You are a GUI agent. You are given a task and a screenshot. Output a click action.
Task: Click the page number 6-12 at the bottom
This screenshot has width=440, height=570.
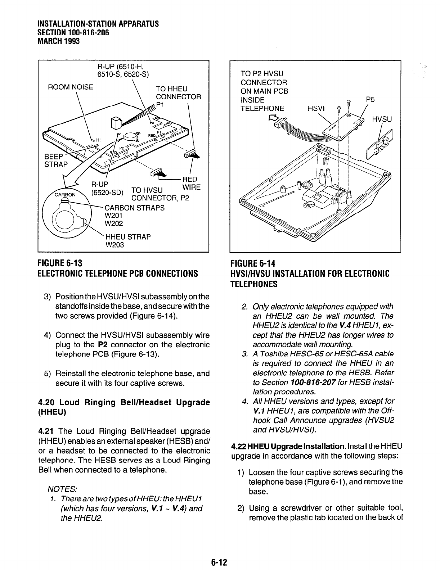(x=220, y=562)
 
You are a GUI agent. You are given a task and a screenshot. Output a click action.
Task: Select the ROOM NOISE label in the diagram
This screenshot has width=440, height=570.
(x=71, y=87)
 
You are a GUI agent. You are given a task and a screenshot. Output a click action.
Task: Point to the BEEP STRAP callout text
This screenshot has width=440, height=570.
(x=55, y=160)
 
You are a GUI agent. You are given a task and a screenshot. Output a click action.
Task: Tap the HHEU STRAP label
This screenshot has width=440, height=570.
(x=127, y=237)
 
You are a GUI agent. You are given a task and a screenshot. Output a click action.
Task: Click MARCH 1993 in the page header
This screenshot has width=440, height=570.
(x=58, y=41)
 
